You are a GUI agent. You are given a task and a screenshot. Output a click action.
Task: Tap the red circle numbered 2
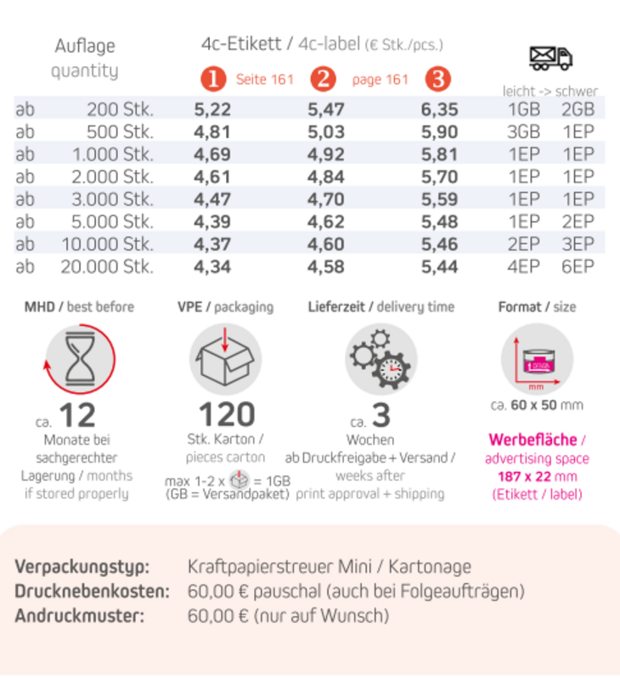point(323,80)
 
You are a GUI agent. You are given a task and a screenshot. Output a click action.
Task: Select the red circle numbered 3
point(437,80)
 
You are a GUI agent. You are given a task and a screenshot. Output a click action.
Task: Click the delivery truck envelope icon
point(550,57)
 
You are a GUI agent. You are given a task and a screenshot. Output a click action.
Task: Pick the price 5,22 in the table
point(212,109)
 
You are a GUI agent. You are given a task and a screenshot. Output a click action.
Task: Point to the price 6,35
point(439,109)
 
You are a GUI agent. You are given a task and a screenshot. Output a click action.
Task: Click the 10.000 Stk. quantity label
point(107,244)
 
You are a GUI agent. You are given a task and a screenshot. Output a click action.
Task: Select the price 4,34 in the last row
point(212,266)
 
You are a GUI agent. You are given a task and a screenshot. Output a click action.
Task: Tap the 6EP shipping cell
point(578,266)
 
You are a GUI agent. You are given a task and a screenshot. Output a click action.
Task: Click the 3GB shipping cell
point(523,132)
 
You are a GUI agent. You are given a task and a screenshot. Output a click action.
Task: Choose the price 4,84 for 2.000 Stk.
point(325,177)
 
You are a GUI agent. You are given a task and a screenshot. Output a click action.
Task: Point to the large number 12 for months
point(77,416)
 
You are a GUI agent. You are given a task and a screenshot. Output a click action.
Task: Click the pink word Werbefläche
point(532,440)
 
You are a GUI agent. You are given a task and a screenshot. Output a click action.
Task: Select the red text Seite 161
point(264,80)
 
